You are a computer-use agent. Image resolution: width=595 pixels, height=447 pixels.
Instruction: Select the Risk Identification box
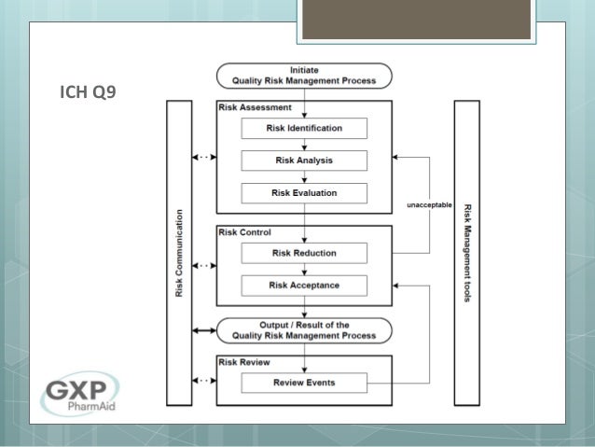pyautogui.click(x=304, y=128)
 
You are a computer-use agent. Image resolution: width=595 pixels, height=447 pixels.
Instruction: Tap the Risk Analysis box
pyautogui.click(x=304, y=161)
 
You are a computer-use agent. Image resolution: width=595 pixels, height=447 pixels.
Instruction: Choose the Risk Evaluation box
pyautogui.click(x=304, y=193)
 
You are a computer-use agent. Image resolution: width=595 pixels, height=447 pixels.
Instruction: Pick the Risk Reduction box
pyautogui.click(x=304, y=253)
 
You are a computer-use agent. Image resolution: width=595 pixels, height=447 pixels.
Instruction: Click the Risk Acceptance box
pyautogui.click(x=304, y=285)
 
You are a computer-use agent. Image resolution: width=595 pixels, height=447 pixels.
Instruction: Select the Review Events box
pyautogui.click(x=304, y=383)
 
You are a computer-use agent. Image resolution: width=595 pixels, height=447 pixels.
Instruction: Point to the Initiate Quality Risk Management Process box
pyautogui.click(x=304, y=75)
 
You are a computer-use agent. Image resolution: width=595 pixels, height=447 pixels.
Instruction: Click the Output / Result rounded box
pyautogui.click(x=304, y=330)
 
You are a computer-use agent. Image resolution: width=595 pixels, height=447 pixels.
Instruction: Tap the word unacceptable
pyautogui.click(x=429, y=204)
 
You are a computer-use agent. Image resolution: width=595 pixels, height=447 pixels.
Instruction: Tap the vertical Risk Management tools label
pyautogui.click(x=467, y=252)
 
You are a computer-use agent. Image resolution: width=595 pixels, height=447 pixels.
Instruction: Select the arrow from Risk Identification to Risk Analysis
pyautogui.click(x=304, y=145)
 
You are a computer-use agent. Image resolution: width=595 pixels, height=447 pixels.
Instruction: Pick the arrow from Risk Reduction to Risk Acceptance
pyautogui.click(x=304, y=269)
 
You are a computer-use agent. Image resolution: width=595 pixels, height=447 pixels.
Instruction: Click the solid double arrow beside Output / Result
pyautogui.click(x=203, y=330)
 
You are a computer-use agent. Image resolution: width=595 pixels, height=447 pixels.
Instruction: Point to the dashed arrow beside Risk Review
pyautogui.click(x=203, y=381)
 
